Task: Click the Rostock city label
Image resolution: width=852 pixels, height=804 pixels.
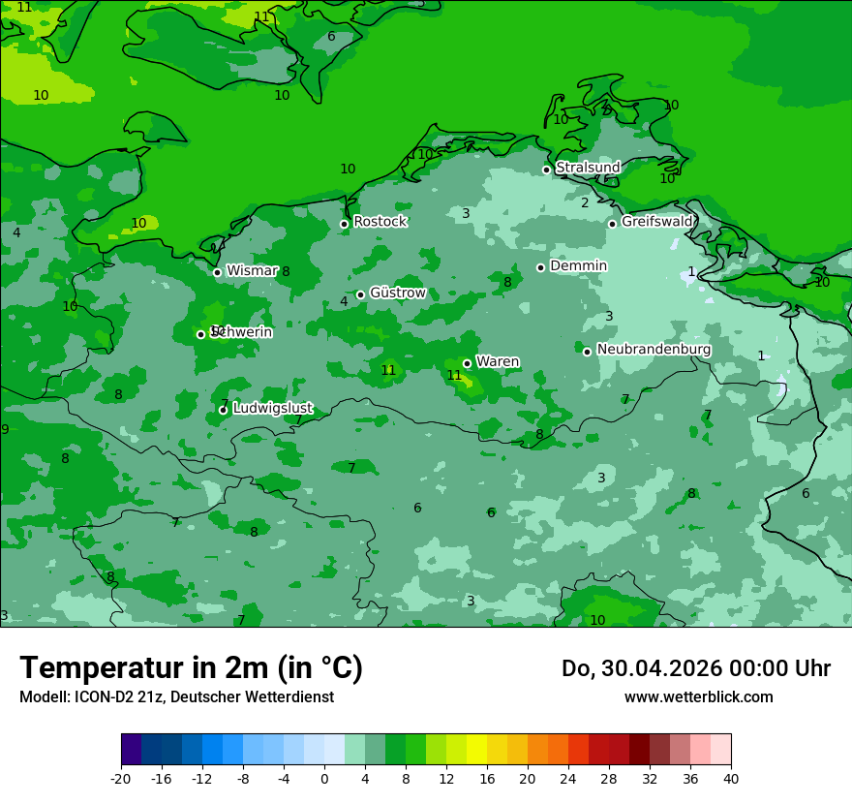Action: coord(380,222)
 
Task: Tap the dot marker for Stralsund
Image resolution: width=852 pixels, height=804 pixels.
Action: coord(546,170)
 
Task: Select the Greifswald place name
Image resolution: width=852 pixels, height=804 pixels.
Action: coord(656,222)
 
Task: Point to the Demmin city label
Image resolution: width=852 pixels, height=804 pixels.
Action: coord(578,266)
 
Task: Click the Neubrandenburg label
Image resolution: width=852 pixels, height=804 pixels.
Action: coord(654,350)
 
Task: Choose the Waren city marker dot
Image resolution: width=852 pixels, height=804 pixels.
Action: coord(467,364)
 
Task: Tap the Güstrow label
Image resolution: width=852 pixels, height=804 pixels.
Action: coord(397,294)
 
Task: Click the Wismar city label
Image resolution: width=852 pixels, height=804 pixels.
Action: coord(252,271)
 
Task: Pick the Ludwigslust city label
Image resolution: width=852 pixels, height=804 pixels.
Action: coord(272,409)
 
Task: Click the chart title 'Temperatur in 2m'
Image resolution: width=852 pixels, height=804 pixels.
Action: coord(191,667)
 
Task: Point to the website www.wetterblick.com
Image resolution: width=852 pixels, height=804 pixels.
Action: coord(698,697)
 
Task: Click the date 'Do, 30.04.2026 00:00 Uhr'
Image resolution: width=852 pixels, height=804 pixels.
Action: coord(695,668)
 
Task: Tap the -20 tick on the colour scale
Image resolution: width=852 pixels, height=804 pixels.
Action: coord(121,779)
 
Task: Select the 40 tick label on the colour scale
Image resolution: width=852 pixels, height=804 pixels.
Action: coord(731,779)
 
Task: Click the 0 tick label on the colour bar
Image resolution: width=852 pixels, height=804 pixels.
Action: coord(324,779)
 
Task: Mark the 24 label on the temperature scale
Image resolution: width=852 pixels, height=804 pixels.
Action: coord(568,779)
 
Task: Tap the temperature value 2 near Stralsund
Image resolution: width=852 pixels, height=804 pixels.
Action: coord(585,203)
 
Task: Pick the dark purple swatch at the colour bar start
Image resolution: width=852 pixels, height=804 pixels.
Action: coord(131,750)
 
